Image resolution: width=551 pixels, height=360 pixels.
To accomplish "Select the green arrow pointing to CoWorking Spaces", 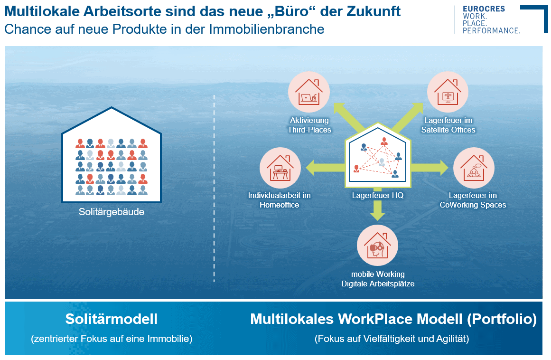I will click(429, 167).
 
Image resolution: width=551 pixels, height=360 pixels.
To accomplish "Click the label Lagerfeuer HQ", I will click(378, 195).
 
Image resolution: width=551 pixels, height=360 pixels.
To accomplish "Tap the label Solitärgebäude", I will click(112, 212).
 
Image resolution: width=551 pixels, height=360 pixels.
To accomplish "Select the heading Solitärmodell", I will click(112, 319).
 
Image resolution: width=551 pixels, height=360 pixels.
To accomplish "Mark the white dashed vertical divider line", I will click(215, 190).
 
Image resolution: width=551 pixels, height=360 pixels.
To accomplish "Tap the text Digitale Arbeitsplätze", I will click(378, 284).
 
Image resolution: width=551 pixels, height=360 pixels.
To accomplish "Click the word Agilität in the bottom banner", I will click(451, 339).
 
